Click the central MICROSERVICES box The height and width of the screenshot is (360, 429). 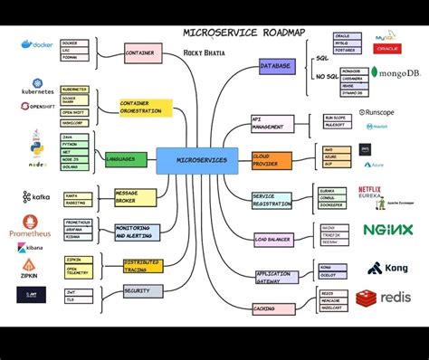pyautogui.click(x=196, y=160)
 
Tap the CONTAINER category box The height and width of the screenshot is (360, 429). pyautogui.click(x=143, y=52)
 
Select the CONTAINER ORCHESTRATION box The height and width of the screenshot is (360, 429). pyautogui.click(x=145, y=108)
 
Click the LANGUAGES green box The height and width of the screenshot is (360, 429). pyautogui.click(x=126, y=159)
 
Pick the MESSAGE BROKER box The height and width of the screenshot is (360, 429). pyautogui.click(x=137, y=197)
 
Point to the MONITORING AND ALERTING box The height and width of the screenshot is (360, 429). pyautogui.click(x=137, y=232)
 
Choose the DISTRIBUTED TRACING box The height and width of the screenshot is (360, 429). pyautogui.click(x=143, y=265)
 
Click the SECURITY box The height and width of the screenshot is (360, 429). pyautogui.click(x=143, y=291)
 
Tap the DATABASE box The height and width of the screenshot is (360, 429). pyautogui.click(x=276, y=66)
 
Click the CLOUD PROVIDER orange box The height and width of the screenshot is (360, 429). pyautogui.click(x=272, y=160)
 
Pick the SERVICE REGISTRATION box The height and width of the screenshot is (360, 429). pyautogui.click(x=272, y=200)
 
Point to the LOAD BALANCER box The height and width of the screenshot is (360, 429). pyautogui.click(x=273, y=239)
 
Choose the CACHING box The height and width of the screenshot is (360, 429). pyautogui.click(x=271, y=308)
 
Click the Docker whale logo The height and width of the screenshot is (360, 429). pyautogui.click(x=40, y=43)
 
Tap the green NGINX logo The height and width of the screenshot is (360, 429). pyautogui.click(x=387, y=230)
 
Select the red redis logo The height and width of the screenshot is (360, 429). pyautogui.click(x=384, y=298)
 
